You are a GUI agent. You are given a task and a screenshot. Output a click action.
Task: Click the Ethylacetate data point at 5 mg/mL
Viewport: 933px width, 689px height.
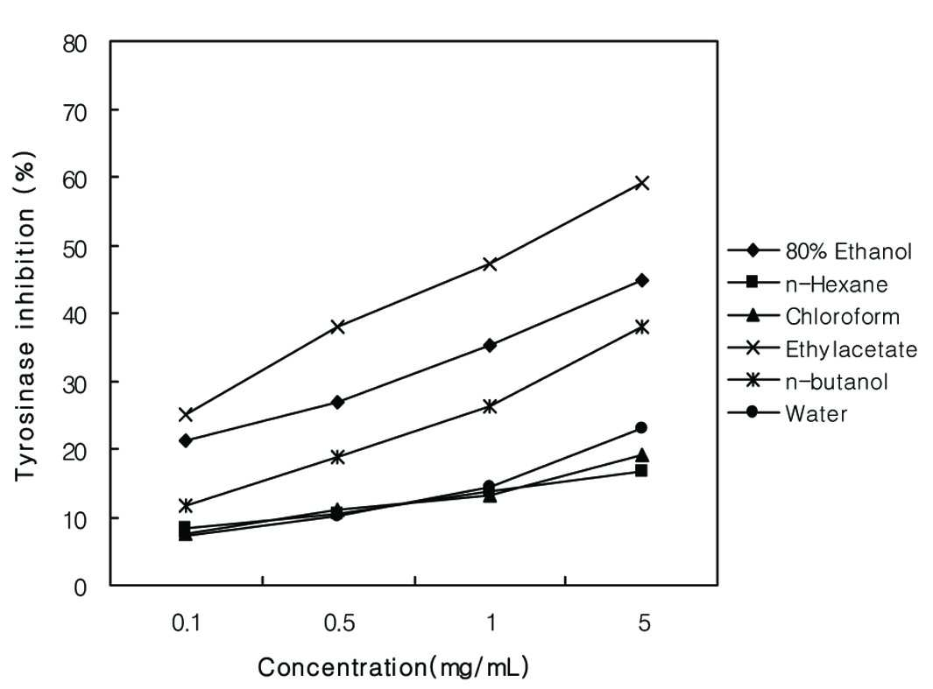[x=642, y=182]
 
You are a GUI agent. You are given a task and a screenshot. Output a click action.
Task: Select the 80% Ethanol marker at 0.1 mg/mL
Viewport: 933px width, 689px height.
[x=185, y=440]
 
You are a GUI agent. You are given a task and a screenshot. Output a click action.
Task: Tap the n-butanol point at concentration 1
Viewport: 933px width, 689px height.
[x=490, y=406]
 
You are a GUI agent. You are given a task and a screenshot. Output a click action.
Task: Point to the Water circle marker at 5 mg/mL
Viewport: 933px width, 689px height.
[x=641, y=427]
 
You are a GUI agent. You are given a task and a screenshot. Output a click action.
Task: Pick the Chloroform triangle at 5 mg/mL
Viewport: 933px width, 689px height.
[x=642, y=455]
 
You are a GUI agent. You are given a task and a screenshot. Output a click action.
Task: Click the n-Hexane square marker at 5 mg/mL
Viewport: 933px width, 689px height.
[x=641, y=471]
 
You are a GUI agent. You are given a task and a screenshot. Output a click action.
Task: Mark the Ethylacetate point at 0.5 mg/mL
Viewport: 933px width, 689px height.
[x=337, y=327]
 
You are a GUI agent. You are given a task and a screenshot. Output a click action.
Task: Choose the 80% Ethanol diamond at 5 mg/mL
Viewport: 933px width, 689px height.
[x=642, y=280]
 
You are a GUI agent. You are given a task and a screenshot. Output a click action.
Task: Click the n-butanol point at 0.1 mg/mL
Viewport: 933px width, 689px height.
[x=185, y=506]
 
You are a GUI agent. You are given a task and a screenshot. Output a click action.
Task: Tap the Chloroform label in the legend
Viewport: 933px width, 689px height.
[x=842, y=316]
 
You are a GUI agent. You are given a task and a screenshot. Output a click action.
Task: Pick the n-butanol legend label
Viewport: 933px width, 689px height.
[x=837, y=381]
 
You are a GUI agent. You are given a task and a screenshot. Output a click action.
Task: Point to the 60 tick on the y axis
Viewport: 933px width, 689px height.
[x=74, y=179]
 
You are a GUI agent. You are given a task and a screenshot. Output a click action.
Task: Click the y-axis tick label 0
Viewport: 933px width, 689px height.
[x=81, y=587]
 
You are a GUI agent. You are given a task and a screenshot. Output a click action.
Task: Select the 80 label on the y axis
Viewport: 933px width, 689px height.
[x=74, y=44]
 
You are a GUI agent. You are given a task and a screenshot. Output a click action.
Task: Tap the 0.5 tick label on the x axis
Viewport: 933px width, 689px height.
[x=339, y=623]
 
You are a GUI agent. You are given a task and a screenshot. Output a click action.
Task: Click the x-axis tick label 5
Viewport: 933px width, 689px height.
[x=644, y=623]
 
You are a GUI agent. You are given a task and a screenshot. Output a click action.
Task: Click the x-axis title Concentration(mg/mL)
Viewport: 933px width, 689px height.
[x=393, y=667]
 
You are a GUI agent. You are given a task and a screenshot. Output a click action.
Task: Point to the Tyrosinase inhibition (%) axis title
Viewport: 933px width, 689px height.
[x=25, y=316]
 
